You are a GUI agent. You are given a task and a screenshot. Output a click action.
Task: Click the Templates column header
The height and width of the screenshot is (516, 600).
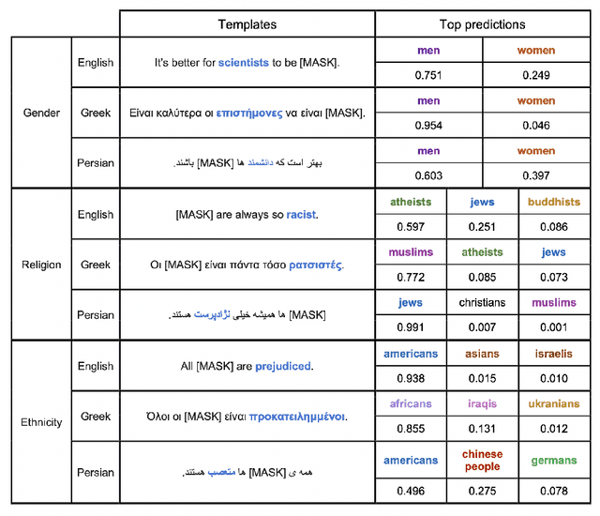click(x=247, y=24)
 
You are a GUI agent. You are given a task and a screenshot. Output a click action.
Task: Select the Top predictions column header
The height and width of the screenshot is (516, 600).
click(x=482, y=24)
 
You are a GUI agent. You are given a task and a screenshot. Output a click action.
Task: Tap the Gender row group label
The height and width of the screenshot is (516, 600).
click(x=41, y=113)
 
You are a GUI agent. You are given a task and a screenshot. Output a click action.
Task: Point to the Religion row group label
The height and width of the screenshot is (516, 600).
click(x=41, y=265)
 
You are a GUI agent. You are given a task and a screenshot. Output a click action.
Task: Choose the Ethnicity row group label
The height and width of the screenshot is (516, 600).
click(x=41, y=422)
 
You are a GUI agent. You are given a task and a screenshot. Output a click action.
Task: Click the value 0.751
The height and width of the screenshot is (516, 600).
click(x=428, y=76)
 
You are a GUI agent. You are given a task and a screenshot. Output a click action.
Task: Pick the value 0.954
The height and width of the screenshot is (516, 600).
click(x=428, y=126)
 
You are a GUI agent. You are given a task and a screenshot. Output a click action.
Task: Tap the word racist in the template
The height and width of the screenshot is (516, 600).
click(x=301, y=215)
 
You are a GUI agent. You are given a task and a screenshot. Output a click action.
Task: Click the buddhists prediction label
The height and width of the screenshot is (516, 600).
click(x=553, y=202)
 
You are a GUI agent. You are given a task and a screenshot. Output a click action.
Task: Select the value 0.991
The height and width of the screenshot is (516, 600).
click(x=411, y=328)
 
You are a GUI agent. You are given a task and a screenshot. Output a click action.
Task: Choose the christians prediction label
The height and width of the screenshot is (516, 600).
click(x=482, y=303)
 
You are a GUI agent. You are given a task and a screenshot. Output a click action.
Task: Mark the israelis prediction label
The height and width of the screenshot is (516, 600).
click(x=553, y=354)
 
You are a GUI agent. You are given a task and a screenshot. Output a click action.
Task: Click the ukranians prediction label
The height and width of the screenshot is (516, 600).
click(x=553, y=403)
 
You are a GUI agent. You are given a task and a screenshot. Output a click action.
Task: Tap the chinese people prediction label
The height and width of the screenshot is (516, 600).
click(x=482, y=461)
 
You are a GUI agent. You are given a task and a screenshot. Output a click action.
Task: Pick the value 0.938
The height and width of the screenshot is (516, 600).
click(x=411, y=378)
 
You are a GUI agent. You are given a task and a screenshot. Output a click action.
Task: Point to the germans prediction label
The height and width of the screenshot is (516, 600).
click(x=553, y=461)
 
